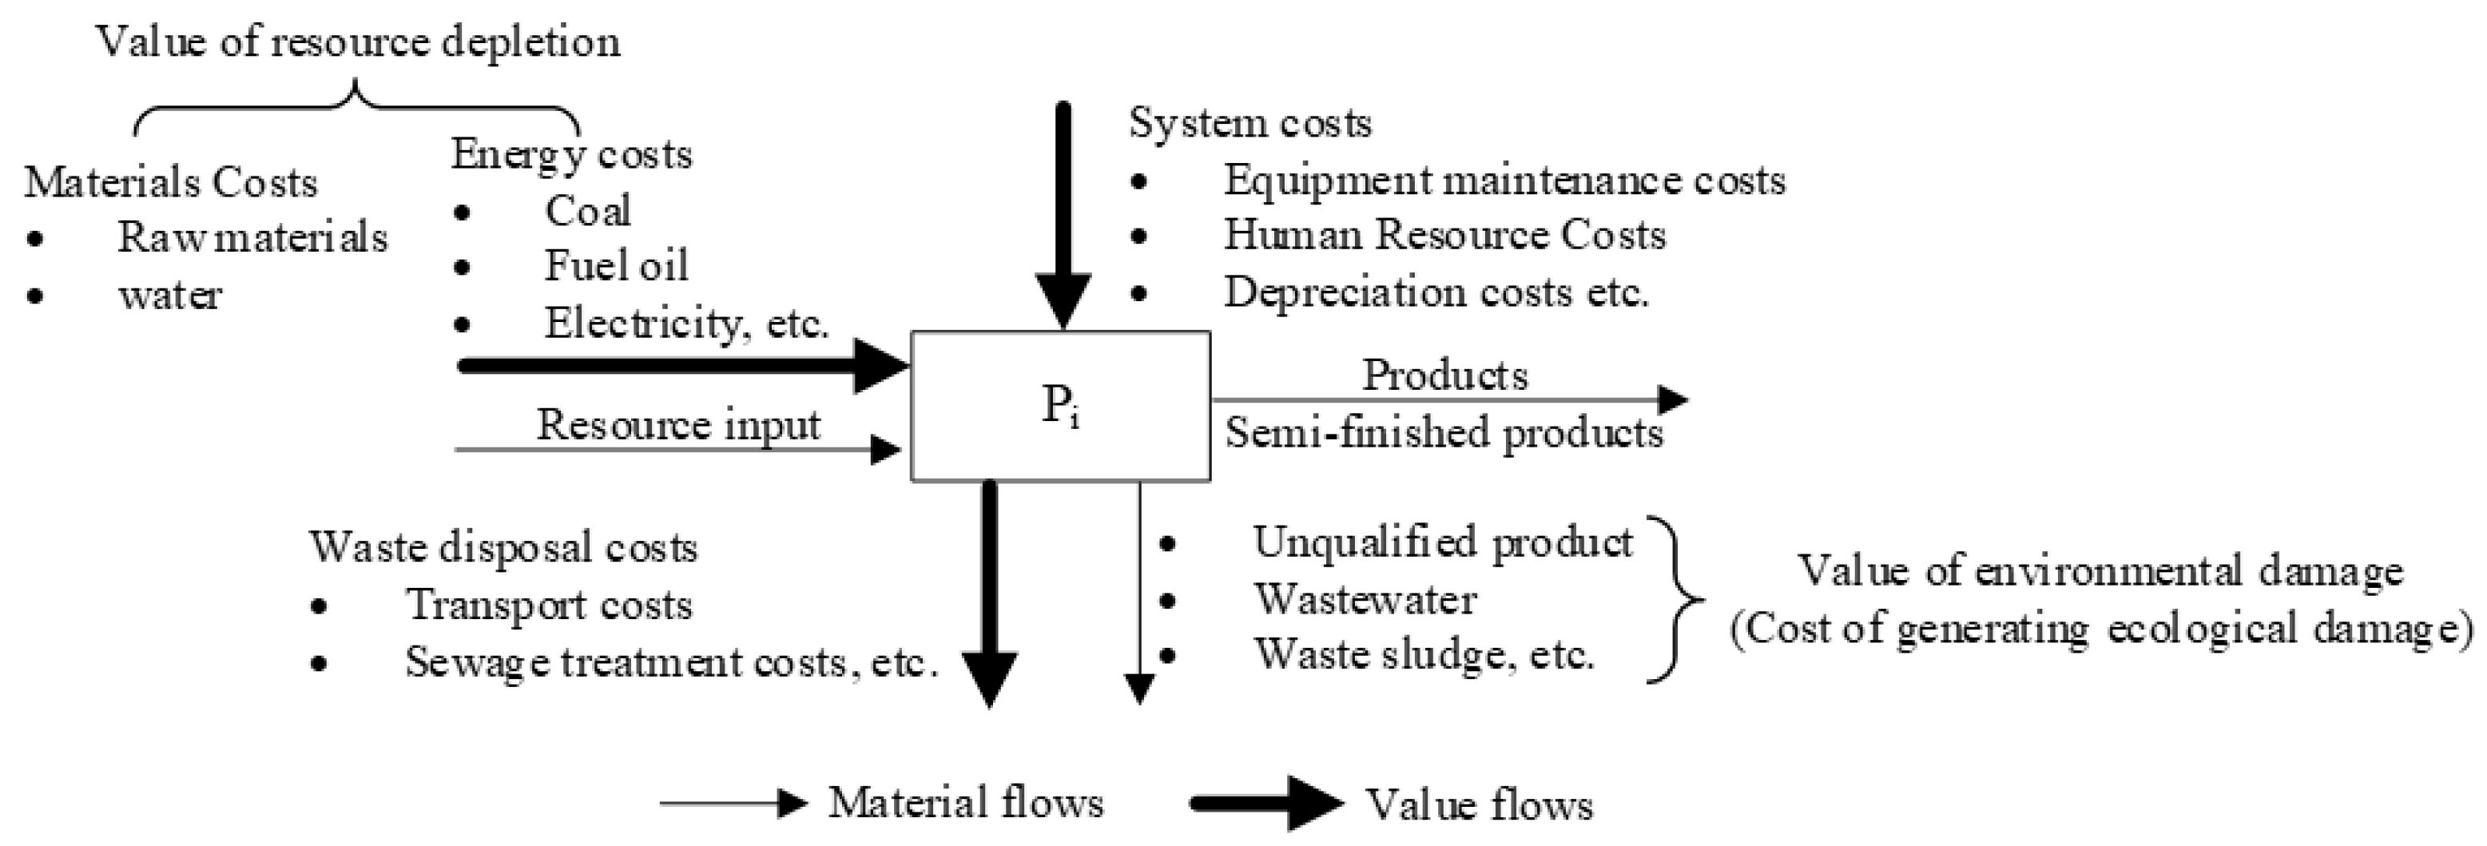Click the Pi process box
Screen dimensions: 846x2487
pyautogui.click(x=1060, y=406)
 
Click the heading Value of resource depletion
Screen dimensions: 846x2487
pyautogui.click(x=357, y=42)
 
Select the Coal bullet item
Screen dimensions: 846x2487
pyautogui.click(x=587, y=211)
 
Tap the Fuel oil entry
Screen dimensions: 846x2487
pyautogui.click(x=616, y=265)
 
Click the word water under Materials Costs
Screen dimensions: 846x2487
pyautogui.click(x=170, y=295)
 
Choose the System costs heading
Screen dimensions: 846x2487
pyautogui.click(x=1249, y=124)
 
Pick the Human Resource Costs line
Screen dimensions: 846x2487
pyautogui.click(x=1444, y=235)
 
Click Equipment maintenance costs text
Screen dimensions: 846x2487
pyautogui.click(x=1504, y=181)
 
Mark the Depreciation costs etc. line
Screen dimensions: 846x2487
pyautogui.click(x=1436, y=292)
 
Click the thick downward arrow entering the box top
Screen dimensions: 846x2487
pyautogui.click(x=1063, y=222)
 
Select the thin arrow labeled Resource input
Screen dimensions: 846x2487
pyautogui.click(x=676, y=449)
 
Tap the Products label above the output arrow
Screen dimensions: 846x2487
pyautogui.click(x=1444, y=375)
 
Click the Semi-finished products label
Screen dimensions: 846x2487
pyautogui.click(x=1444, y=433)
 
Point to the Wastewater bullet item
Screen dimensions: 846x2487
pyautogui.click(x=1365, y=600)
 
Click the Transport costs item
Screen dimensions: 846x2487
pyautogui.click(x=548, y=606)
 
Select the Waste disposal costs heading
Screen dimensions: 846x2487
pyautogui.click(x=503, y=547)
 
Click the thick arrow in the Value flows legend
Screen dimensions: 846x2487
pyautogui.click(x=1265, y=803)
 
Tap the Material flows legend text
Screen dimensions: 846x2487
pyautogui.click(x=965, y=803)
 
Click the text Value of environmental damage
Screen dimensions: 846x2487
pyautogui.click(x=2099, y=570)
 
